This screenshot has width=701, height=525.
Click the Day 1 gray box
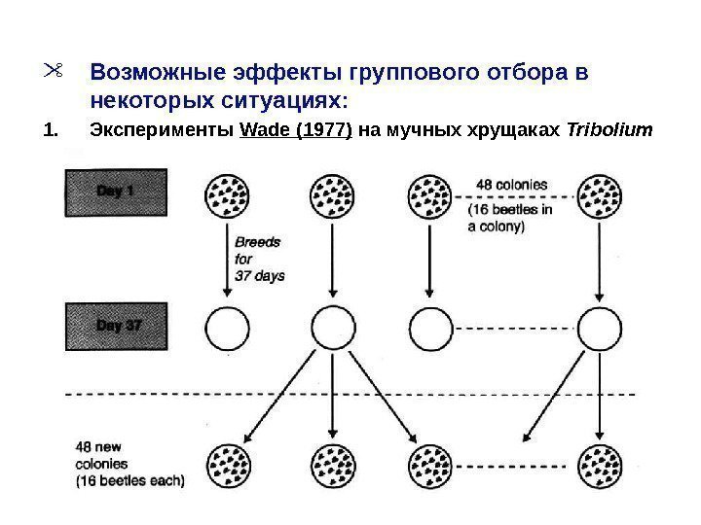(115, 192)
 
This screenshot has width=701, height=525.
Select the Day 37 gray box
(115, 326)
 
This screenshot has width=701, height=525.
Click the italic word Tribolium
(609, 130)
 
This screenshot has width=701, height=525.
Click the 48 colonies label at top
(511, 182)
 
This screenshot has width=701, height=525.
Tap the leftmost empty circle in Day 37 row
(227, 329)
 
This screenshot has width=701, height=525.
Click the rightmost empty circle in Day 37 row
(600, 329)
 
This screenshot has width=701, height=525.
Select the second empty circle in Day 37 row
(333, 329)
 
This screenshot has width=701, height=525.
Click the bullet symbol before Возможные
(53, 71)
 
